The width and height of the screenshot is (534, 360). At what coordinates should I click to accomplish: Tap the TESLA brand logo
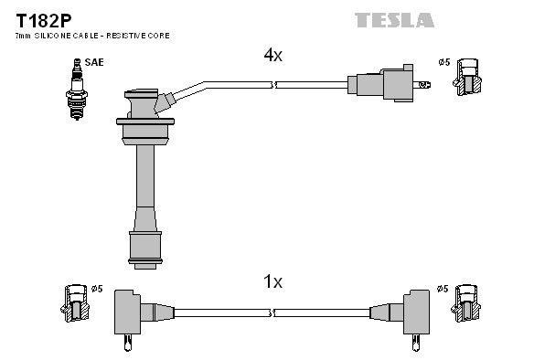point(394,19)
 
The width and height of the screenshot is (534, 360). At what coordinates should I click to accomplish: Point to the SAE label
point(94,62)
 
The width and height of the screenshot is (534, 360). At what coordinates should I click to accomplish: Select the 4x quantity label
point(272,56)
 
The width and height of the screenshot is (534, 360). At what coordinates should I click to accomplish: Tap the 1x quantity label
point(272,282)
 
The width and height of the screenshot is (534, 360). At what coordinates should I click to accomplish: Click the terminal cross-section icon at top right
point(470,78)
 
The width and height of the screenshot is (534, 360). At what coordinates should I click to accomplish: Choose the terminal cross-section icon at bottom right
point(470,304)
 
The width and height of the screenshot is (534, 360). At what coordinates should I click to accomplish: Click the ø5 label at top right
point(443,62)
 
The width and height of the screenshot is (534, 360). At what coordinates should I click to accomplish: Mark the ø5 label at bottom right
point(443,290)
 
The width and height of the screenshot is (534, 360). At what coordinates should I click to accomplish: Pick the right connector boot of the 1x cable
point(411,313)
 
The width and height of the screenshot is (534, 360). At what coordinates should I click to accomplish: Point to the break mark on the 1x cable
point(273,312)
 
